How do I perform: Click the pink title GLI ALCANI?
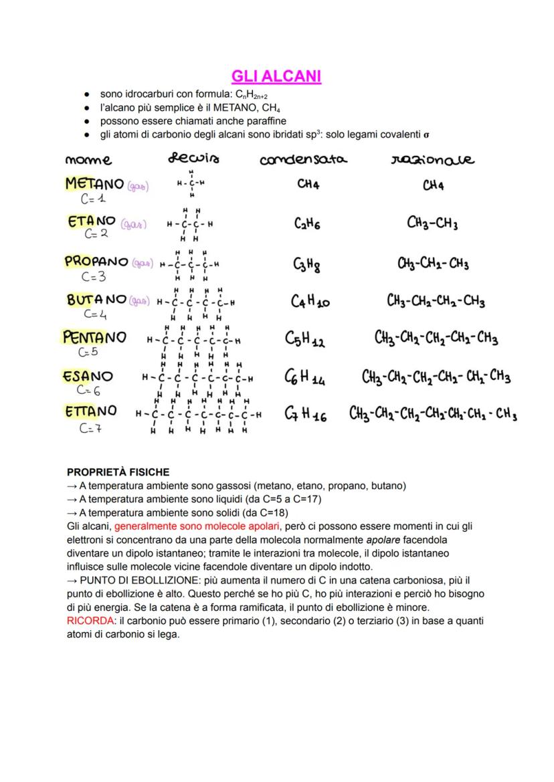click(x=276, y=77)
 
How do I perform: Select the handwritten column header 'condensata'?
click(x=303, y=159)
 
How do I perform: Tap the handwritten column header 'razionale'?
click(x=432, y=159)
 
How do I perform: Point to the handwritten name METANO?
click(x=94, y=183)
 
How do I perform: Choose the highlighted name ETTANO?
click(x=91, y=411)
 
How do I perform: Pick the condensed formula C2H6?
click(x=306, y=224)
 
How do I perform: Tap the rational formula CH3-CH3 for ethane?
click(x=432, y=223)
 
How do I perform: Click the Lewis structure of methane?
click(x=191, y=183)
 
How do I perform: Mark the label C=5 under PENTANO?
click(x=88, y=352)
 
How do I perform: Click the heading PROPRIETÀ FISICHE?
click(x=118, y=472)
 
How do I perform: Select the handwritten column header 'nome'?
click(x=88, y=160)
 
